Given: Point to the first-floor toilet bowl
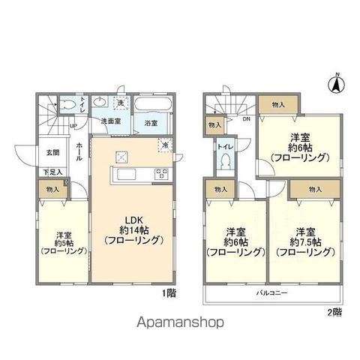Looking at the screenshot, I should pyautogui.click(x=65, y=104).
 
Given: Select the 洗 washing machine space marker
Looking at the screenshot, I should pyautogui.click(x=120, y=102).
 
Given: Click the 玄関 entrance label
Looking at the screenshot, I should pyautogui.click(x=47, y=154).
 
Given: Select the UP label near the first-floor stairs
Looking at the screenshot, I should pyautogui.click(x=72, y=125).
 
